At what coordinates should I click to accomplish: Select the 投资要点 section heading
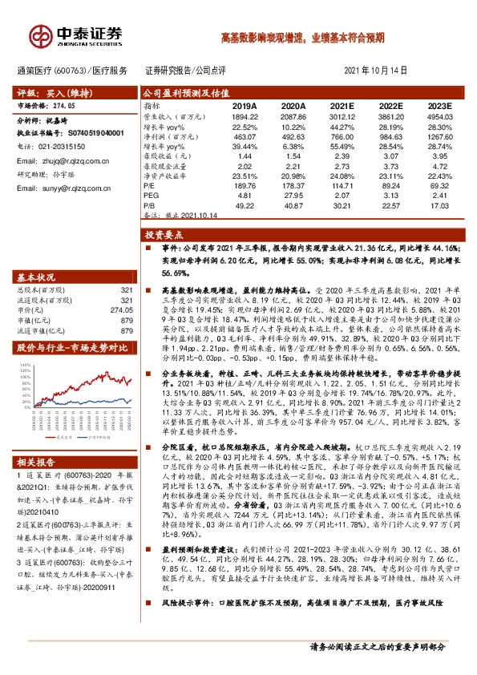pos(160,236)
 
